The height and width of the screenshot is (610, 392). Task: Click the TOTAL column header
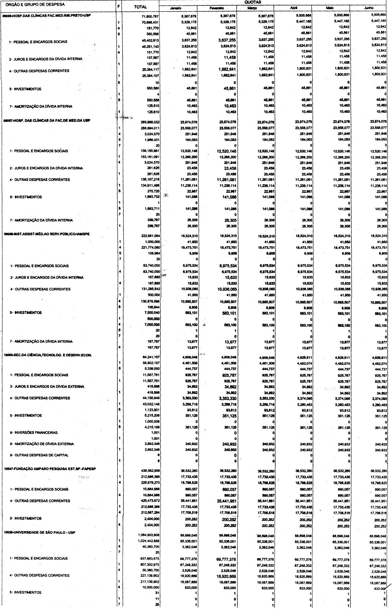140,7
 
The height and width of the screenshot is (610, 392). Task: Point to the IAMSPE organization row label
45,235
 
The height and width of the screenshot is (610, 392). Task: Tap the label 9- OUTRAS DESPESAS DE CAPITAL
39,455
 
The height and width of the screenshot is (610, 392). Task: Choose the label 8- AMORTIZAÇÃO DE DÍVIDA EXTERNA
42,444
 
